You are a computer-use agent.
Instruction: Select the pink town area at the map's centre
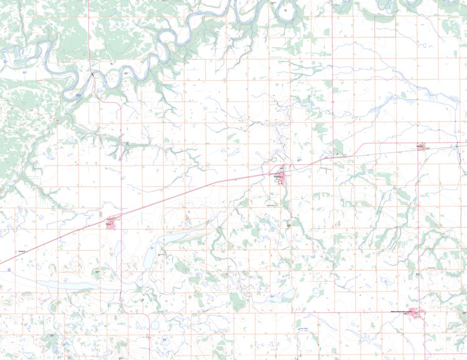[281, 177]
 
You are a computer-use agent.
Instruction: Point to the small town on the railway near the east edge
[421, 147]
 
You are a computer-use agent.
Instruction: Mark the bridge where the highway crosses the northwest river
[92, 74]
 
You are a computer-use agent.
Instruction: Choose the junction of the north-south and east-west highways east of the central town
[332, 157]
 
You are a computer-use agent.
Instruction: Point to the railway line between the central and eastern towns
[376, 150]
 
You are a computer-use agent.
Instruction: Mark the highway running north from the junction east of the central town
[332, 94]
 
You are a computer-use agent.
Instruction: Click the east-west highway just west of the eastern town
[389, 144]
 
